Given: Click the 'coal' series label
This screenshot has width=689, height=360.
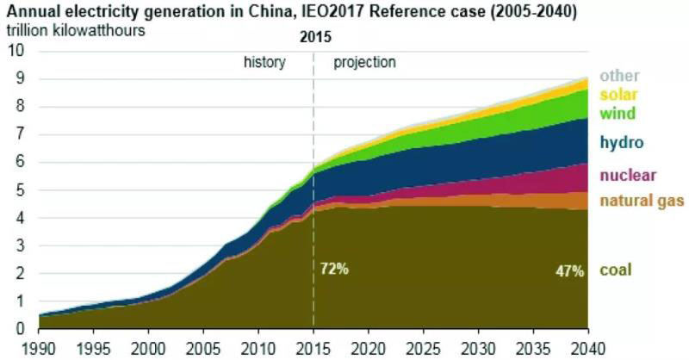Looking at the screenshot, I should pyautogui.click(x=617, y=270).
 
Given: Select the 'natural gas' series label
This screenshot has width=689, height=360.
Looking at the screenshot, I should pyautogui.click(x=642, y=201).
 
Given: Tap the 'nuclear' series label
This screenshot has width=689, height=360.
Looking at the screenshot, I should pyautogui.click(x=628, y=176).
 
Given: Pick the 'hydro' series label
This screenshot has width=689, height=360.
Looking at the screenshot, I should pyautogui.click(x=622, y=142).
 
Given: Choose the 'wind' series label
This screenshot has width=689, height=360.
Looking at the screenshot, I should pyautogui.click(x=618, y=113).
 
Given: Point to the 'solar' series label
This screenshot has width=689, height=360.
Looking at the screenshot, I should pyautogui.click(x=618, y=95).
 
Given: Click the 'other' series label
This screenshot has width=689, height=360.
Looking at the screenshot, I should pyautogui.click(x=618, y=76).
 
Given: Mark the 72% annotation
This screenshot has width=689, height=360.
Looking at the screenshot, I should pyautogui.click(x=334, y=270).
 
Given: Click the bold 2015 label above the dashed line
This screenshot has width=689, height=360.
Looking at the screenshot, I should pyautogui.click(x=315, y=39).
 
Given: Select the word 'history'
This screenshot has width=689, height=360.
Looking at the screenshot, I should pyautogui.click(x=264, y=62).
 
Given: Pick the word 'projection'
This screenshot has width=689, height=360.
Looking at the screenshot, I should pyautogui.click(x=364, y=62).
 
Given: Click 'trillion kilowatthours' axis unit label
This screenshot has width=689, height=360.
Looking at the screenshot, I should pyautogui.click(x=77, y=31).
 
